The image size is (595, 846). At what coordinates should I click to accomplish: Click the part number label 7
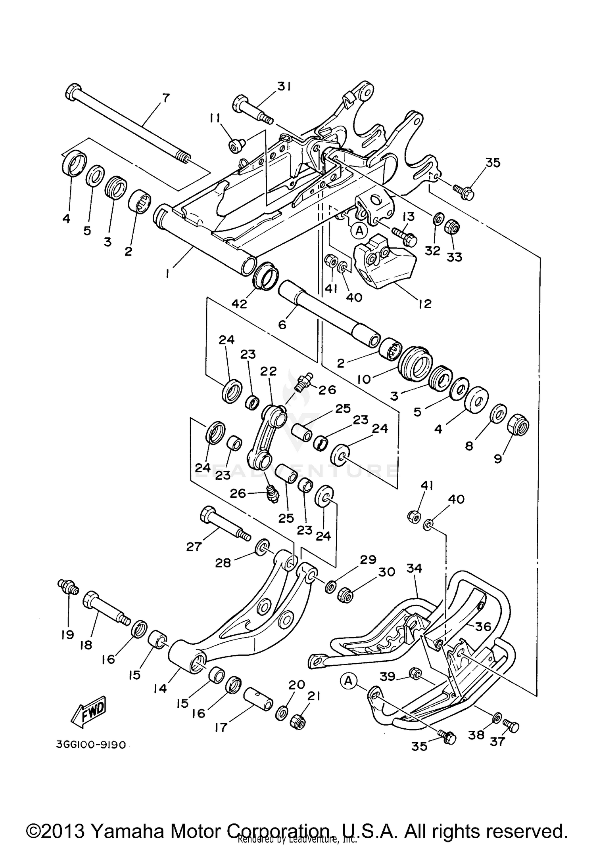tap(165, 97)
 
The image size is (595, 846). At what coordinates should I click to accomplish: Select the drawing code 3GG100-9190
tap(91, 745)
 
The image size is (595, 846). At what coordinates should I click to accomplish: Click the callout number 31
tap(284, 86)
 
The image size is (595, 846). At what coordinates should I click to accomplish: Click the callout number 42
tap(239, 304)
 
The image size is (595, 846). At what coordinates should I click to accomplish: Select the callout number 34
tap(414, 568)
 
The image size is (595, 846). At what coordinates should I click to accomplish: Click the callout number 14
tap(160, 689)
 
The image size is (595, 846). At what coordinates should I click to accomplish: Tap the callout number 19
tap(67, 634)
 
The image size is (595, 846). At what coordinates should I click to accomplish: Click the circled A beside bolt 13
tap(359, 230)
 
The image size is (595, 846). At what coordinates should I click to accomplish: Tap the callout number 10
tap(363, 379)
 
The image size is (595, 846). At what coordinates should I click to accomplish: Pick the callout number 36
tap(483, 626)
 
